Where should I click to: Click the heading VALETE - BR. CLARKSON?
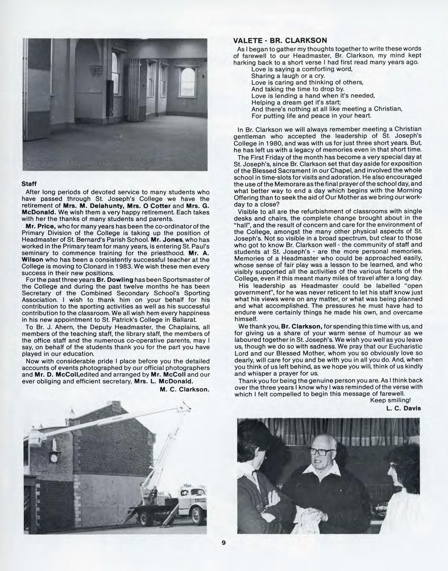tap(280, 40)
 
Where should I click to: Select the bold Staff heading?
tap(28, 184)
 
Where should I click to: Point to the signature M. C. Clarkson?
tap(184, 389)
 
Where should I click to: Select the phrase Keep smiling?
tap(390, 400)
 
